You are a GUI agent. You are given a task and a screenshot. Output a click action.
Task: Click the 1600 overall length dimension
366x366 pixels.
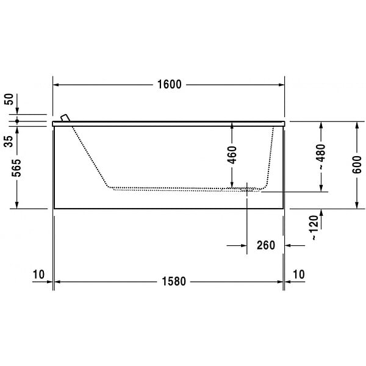click(x=169, y=85)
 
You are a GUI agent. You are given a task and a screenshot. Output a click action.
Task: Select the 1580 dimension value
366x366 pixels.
click(x=174, y=281)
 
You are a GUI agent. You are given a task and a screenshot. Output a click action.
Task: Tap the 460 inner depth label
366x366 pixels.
click(x=232, y=155)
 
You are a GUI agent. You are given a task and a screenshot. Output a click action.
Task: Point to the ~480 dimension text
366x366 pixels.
click(x=321, y=157)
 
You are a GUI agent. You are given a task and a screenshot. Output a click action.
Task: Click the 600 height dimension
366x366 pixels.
click(x=357, y=165)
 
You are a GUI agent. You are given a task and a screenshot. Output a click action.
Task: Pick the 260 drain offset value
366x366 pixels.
click(x=266, y=245)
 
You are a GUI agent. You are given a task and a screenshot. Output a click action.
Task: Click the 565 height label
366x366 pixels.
click(x=16, y=168)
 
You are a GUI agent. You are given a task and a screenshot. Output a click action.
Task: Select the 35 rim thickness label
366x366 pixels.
click(x=9, y=142)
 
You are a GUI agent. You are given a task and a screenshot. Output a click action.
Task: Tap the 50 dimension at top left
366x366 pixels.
click(x=9, y=99)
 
